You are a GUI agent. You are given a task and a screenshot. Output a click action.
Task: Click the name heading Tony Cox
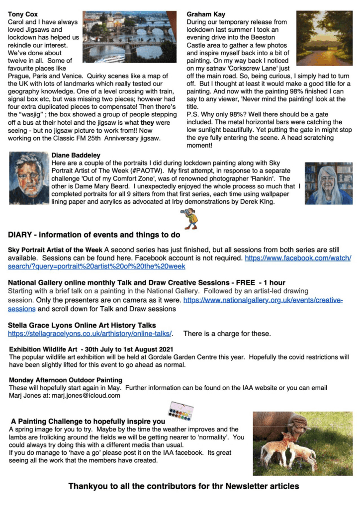pos(23,14)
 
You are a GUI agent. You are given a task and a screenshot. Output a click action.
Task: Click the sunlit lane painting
pos(324,39)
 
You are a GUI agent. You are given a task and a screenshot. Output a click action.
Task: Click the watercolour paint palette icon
pos(180,411)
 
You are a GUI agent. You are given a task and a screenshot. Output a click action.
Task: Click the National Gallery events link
pos(264,301)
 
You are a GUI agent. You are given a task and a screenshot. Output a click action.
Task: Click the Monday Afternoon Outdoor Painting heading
pos(66,380)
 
